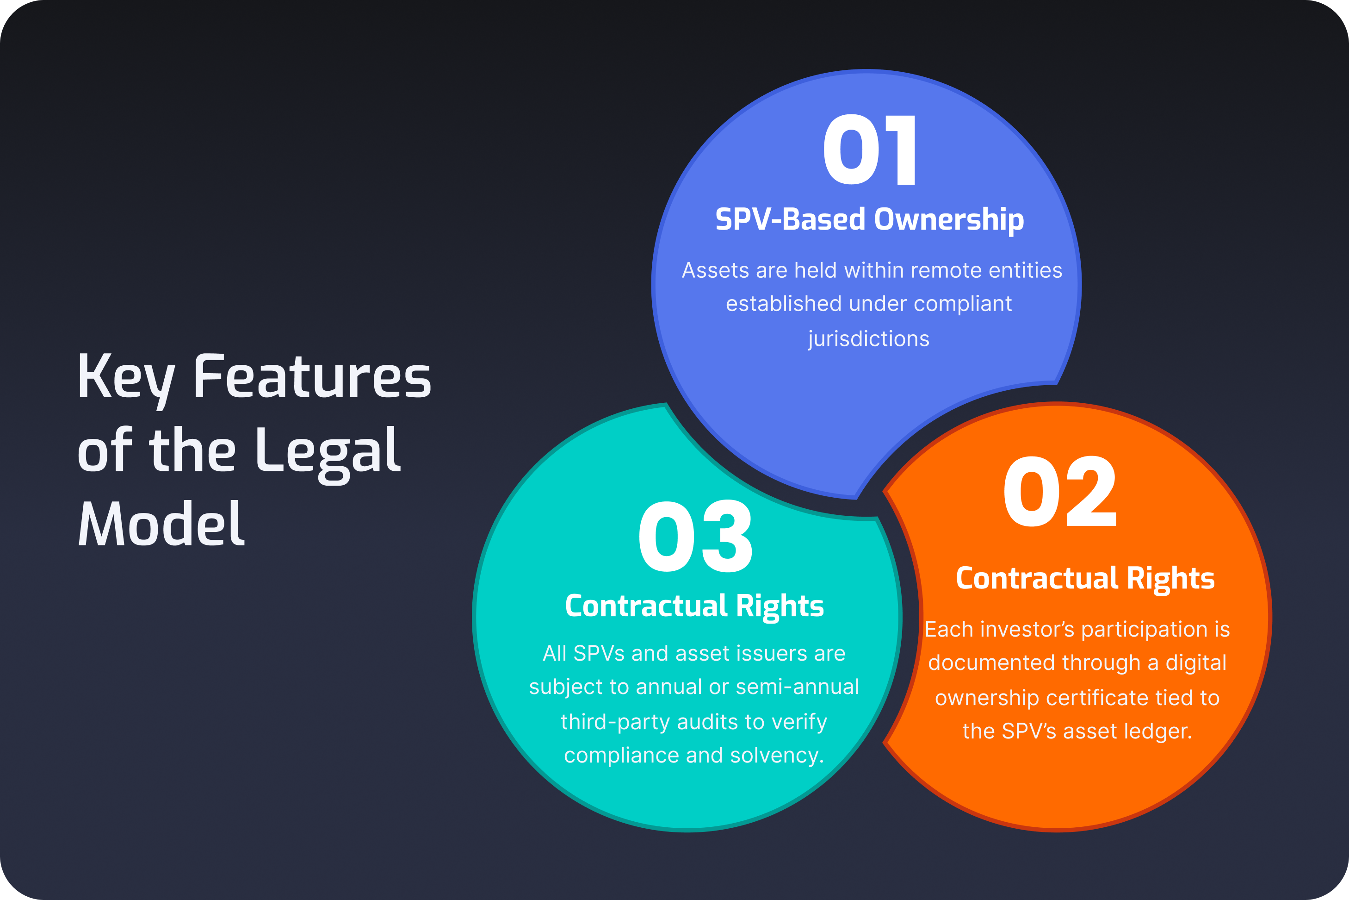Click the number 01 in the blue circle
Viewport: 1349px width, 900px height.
(x=870, y=150)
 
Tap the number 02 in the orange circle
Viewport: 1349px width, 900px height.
(x=1059, y=492)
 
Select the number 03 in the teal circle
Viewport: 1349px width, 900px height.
(x=695, y=537)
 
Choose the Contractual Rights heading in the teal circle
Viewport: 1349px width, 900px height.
(x=694, y=606)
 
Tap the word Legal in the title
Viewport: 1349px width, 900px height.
(x=328, y=452)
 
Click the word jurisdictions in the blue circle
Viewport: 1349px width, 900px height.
(x=869, y=339)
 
